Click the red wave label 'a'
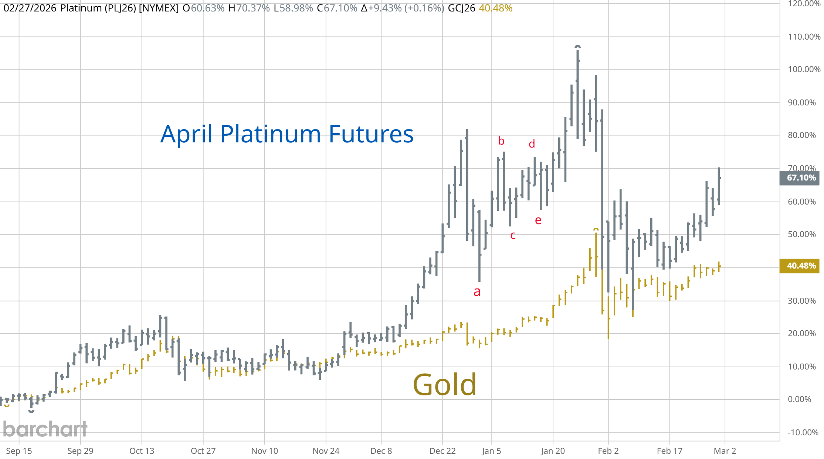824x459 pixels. [x=477, y=292]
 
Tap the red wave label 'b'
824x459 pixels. [x=501, y=141]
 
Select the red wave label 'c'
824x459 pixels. [x=513, y=235]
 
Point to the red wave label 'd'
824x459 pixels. [x=532, y=144]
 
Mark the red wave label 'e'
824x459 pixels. [x=538, y=220]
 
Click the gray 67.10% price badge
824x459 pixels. [x=801, y=178]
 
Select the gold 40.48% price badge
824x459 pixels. [x=801, y=266]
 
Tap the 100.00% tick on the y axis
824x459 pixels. [x=804, y=70]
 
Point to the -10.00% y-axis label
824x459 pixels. [x=803, y=432]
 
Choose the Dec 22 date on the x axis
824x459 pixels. [x=442, y=451]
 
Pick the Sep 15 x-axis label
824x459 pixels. [x=19, y=451]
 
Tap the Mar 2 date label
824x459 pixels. [x=725, y=451]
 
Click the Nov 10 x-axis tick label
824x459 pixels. [x=264, y=451]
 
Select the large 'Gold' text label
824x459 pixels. [x=444, y=385]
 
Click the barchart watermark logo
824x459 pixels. [x=45, y=429]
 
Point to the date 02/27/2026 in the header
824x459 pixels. [x=30, y=8]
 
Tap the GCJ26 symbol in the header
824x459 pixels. [x=461, y=8]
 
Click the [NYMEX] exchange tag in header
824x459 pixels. [x=159, y=8]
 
